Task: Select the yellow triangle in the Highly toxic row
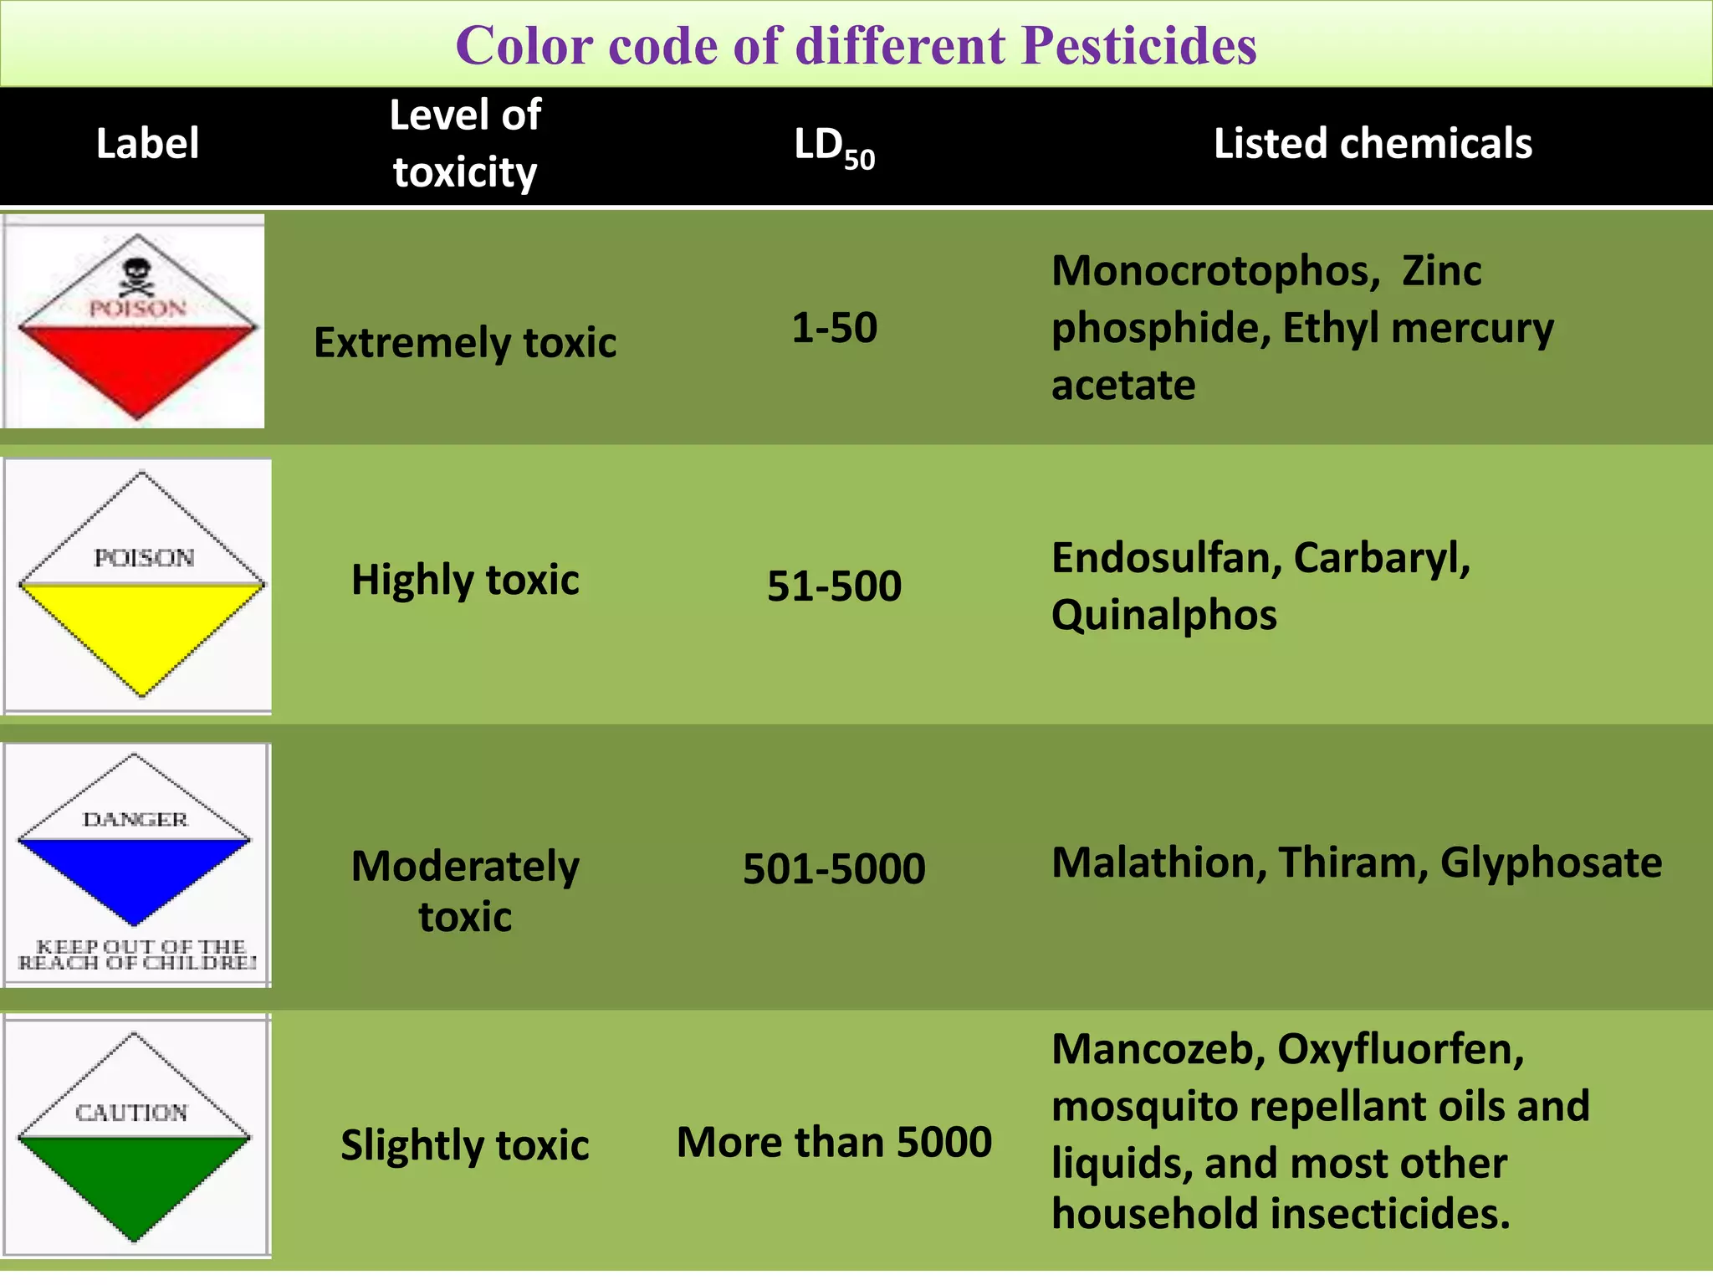tap(141, 627)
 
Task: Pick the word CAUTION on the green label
tap(132, 1113)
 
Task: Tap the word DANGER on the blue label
tap(135, 819)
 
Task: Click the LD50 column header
tap(834, 146)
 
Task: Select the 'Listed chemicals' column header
tap(1373, 143)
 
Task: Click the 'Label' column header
tap(147, 143)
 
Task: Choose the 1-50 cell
tap(834, 327)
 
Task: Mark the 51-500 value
tap(834, 586)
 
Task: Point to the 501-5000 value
tap(834, 868)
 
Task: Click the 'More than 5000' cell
tap(834, 1142)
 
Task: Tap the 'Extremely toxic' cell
tap(465, 342)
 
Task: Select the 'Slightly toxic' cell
tap(465, 1144)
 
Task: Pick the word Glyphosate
tap(1551, 863)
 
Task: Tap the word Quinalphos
tap(1163, 615)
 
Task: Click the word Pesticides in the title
tap(1138, 45)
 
